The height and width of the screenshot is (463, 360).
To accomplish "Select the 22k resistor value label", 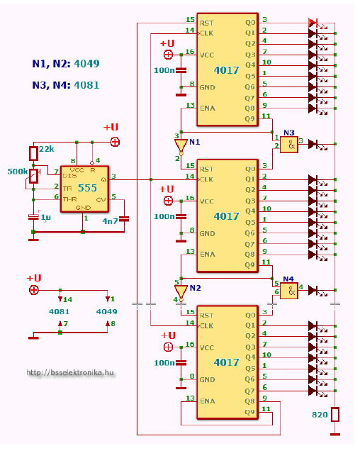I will (x=47, y=148).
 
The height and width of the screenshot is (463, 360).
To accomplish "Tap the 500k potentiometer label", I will (x=17, y=172).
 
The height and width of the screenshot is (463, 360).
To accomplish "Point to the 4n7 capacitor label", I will (x=111, y=222).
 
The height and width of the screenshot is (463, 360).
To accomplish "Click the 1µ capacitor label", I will (x=45, y=216).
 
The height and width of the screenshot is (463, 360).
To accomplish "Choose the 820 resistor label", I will (x=320, y=413).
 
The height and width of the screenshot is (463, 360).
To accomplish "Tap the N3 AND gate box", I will (x=288, y=144).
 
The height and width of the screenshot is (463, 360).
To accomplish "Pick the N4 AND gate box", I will (x=288, y=290).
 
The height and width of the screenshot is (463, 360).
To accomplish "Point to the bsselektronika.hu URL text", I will (x=69, y=373).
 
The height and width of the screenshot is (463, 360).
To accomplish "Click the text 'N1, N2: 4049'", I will (x=66, y=64).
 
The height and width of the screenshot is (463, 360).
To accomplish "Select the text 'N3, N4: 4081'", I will (x=66, y=85).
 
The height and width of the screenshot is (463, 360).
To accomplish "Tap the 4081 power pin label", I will (x=60, y=311).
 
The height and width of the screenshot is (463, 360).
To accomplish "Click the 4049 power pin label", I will (x=107, y=311).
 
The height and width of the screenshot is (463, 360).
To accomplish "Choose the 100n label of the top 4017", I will (x=164, y=70).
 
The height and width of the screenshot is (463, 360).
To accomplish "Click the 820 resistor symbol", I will (x=335, y=414).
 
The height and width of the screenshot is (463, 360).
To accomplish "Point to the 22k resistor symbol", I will (x=33, y=153).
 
